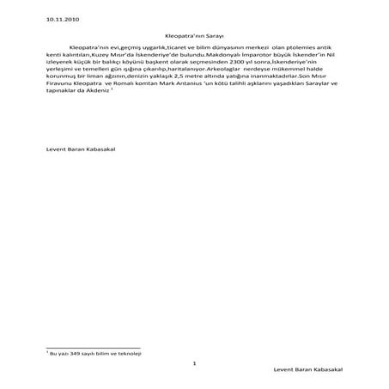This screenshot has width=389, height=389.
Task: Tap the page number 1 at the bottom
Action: [196, 364]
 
